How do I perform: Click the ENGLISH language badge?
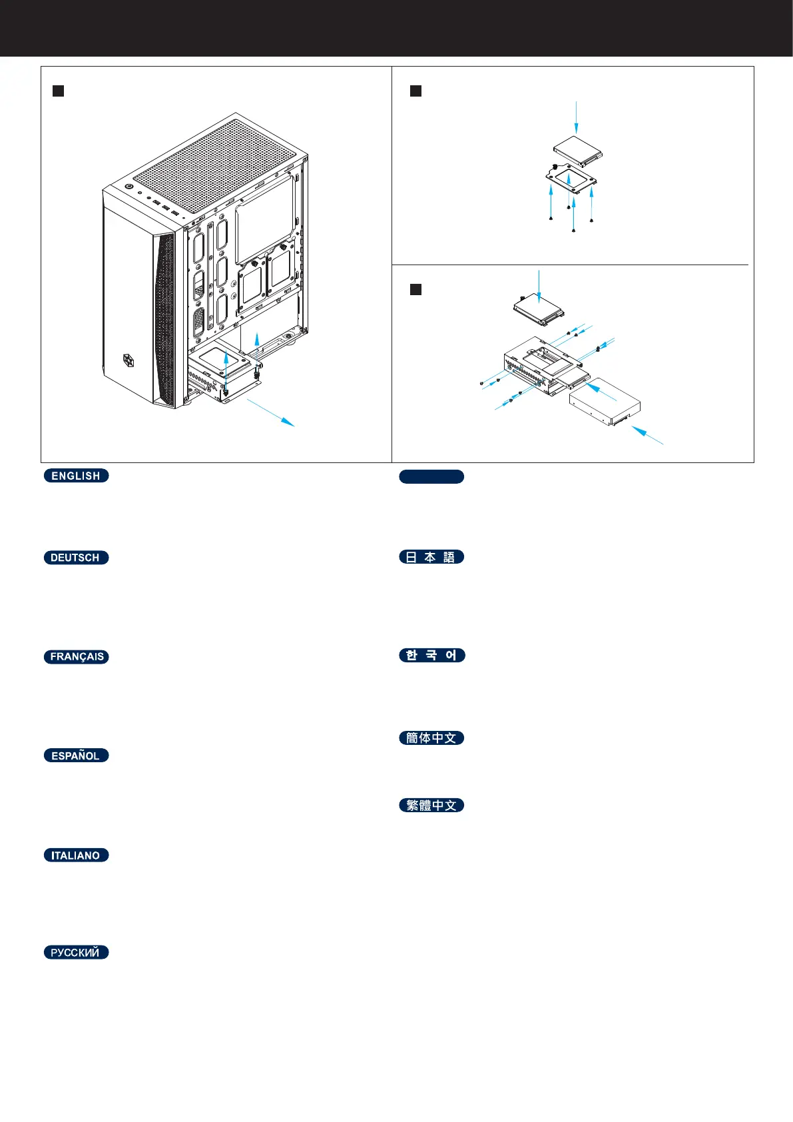tap(76, 476)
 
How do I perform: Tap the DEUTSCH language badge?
tap(76, 558)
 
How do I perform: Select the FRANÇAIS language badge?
tap(76, 657)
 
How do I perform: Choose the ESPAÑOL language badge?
tap(76, 756)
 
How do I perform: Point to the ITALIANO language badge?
tap(76, 855)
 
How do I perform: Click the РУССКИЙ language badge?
tap(76, 953)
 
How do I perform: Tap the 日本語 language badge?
tap(431, 557)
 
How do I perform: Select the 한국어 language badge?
tap(431, 656)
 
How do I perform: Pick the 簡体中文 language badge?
tap(431, 738)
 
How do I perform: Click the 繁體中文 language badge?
tap(431, 806)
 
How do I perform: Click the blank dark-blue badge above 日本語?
tap(431, 476)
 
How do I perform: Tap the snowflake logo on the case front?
tap(129, 360)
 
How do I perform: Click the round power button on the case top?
tap(129, 187)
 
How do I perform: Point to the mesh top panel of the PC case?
tap(213, 160)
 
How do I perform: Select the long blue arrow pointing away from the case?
tap(270, 411)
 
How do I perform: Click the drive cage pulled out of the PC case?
tap(223, 376)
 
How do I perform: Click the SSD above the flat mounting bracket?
tap(577, 152)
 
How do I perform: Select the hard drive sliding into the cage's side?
tap(605, 402)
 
